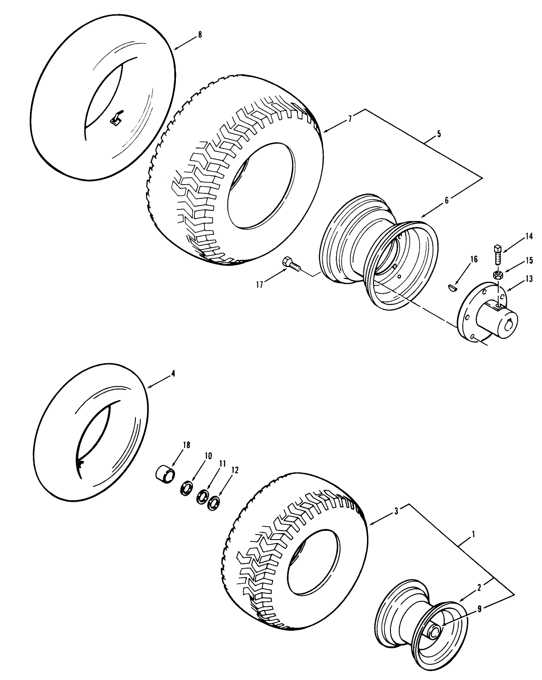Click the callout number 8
click(199, 35)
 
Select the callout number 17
click(260, 285)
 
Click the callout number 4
click(173, 374)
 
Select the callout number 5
click(438, 134)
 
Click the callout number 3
click(396, 511)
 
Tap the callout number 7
click(350, 119)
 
